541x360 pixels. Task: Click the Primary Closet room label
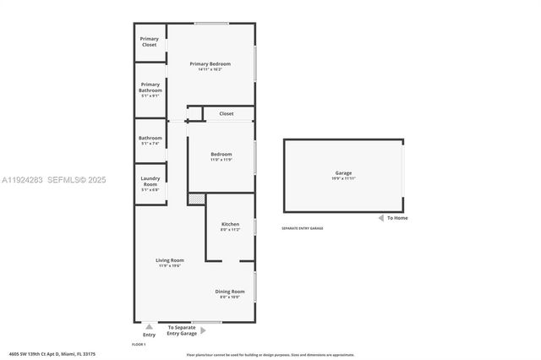[x=150, y=41]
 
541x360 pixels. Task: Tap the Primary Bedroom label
[x=210, y=63]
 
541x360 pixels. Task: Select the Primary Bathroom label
[x=150, y=87]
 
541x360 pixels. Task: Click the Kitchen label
[x=230, y=224]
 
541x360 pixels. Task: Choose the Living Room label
[x=170, y=260]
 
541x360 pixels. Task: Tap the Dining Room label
[x=230, y=292]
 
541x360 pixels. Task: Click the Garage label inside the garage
[x=343, y=173]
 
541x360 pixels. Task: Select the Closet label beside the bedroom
[x=227, y=113]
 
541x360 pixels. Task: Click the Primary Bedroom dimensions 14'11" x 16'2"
[x=210, y=69]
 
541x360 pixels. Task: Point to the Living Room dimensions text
[x=170, y=265]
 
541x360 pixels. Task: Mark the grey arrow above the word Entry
[x=150, y=327]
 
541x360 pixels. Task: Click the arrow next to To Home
[x=380, y=218]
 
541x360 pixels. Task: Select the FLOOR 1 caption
[x=139, y=345]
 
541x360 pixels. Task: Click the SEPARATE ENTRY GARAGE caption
[x=302, y=228]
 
